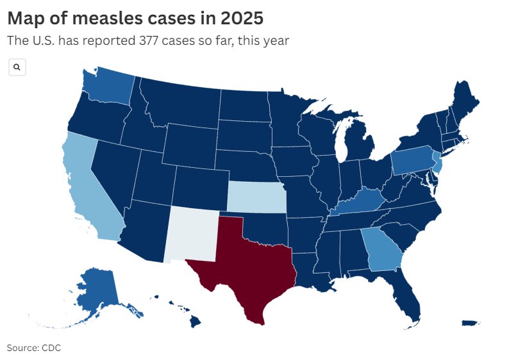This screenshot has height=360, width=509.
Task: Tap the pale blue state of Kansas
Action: click(x=256, y=197)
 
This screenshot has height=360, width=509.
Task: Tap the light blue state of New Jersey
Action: click(x=438, y=165)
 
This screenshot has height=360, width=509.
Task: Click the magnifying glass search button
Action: click(x=17, y=67)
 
